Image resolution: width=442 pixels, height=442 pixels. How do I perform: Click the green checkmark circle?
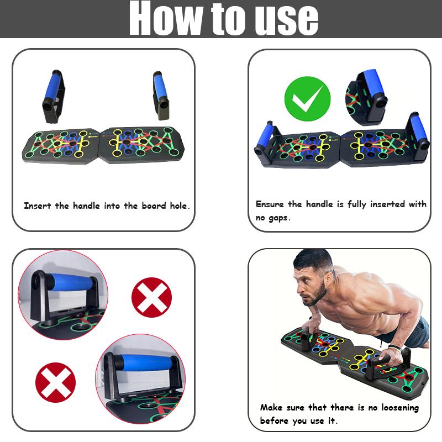(307, 99)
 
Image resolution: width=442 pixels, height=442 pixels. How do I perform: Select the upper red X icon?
(151, 297)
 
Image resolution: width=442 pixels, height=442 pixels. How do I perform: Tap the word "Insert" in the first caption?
(38, 206)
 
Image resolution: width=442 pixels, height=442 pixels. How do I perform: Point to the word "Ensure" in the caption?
(271, 204)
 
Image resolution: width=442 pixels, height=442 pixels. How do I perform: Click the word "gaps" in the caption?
(280, 218)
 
